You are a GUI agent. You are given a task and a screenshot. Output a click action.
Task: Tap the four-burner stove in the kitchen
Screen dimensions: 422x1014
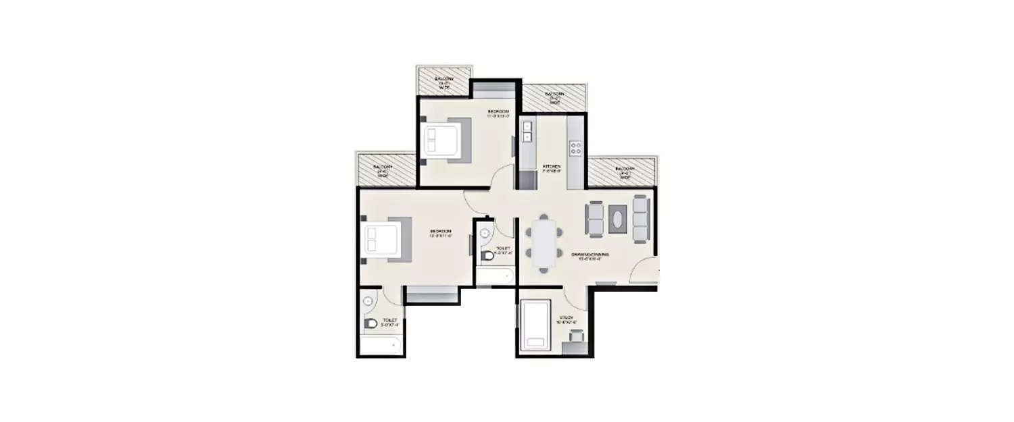pos(576,146)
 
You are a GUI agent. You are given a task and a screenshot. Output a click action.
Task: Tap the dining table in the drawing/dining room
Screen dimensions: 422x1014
pos(544,242)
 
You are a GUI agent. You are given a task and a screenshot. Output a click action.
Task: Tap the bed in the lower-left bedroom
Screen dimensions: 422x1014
pos(382,239)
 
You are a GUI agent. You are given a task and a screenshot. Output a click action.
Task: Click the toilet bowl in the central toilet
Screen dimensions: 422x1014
pos(487,257)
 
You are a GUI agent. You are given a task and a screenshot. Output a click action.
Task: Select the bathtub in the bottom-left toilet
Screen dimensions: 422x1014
pos(380,346)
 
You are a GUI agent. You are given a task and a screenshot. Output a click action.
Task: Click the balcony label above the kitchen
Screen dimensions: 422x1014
pos(555,99)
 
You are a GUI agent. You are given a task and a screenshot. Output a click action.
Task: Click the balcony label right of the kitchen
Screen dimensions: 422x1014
pos(625,172)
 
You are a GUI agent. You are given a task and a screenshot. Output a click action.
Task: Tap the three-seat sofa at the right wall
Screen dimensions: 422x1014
pos(640,217)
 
